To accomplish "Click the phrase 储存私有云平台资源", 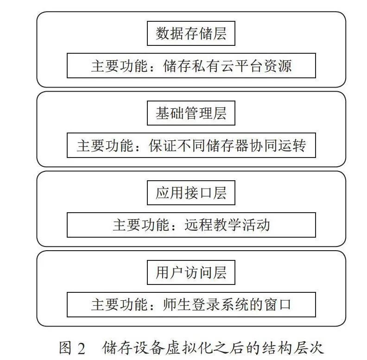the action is (x=227, y=66).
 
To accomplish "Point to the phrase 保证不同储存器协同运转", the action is (x=227, y=145).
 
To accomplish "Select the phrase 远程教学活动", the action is (x=227, y=225).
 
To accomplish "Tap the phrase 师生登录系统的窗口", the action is (x=227, y=305).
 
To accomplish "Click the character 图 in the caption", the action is (x=65, y=348).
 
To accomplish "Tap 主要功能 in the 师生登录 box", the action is (x=120, y=305).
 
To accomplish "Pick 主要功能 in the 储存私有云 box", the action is (x=120, y=66).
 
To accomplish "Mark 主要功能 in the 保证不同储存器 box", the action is (x=105, y=145).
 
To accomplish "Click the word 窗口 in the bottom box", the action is (x=278, y=305).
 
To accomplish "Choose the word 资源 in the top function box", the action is (x=278, y=66).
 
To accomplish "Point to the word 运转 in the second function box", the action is (x=292, y=145).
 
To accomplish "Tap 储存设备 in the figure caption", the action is (x=133, y=348).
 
